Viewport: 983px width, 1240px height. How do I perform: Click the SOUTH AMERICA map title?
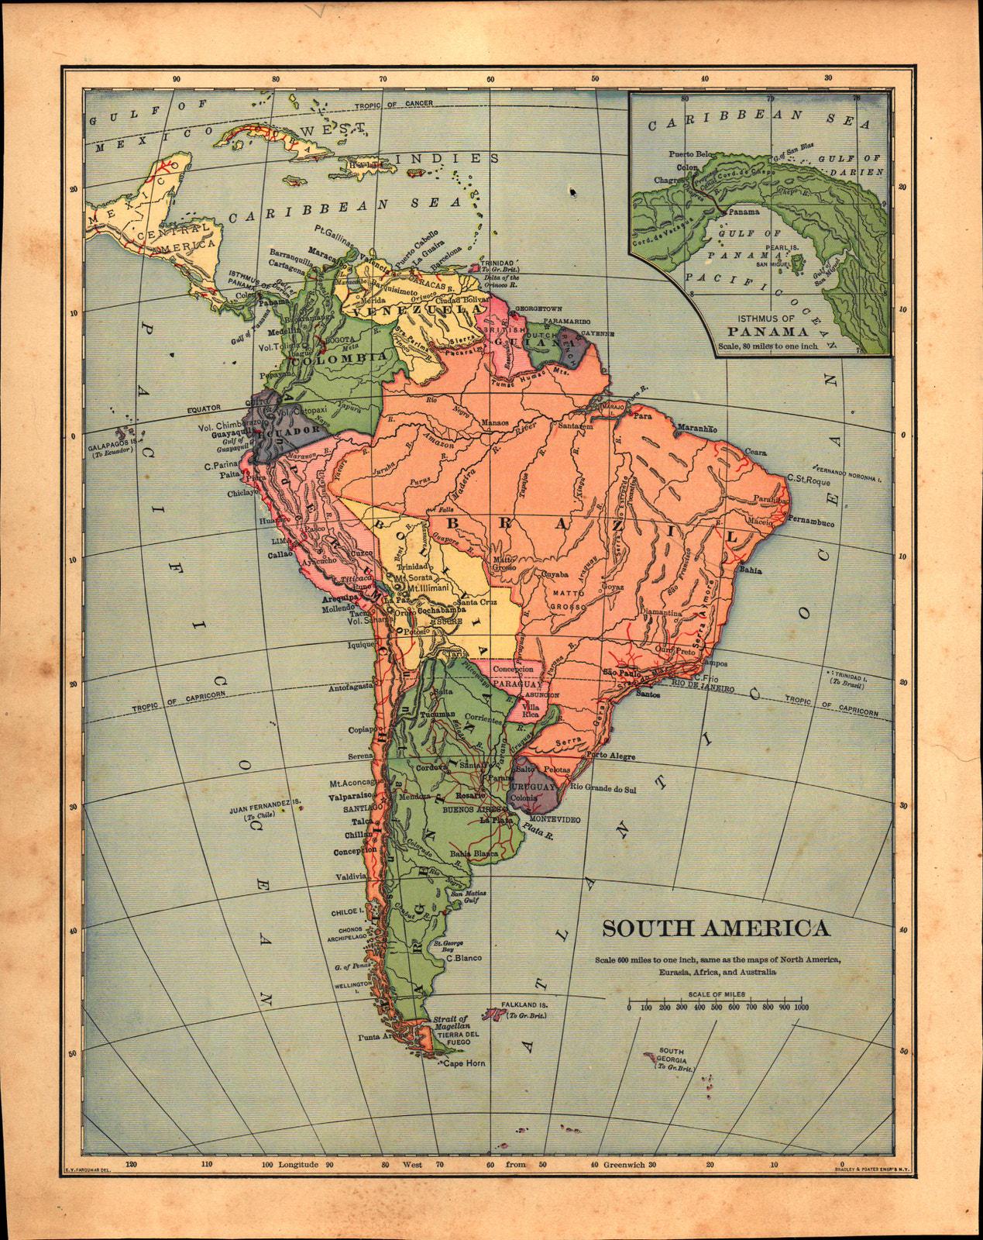716,928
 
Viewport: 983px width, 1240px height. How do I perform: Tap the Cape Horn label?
464,1064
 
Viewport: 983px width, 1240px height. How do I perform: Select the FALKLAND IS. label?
524,1003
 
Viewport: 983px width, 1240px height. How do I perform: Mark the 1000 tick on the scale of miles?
800,1007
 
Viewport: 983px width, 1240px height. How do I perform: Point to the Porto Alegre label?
611,756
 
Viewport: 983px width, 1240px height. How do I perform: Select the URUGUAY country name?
534,787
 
